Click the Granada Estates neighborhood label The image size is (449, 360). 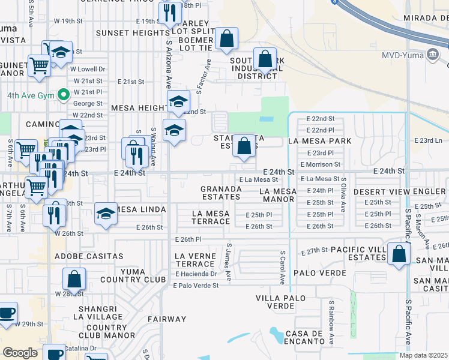coord(221,192)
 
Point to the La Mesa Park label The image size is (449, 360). coord(319,141)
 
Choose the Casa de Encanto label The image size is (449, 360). coord(306,337)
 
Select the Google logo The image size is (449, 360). coord(20,353)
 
